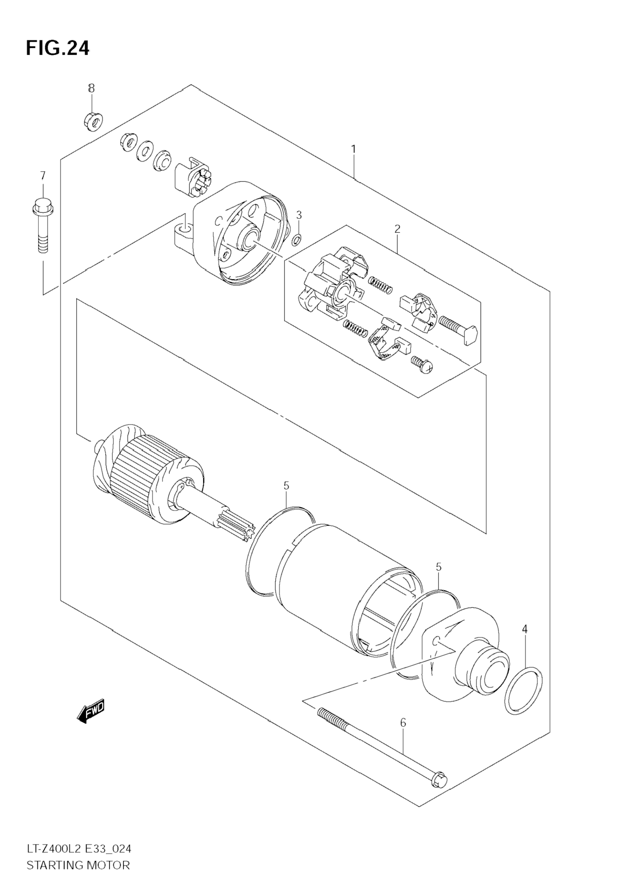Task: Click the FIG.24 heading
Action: [58, 48]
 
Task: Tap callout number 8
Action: [91, 88]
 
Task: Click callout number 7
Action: [43, 175]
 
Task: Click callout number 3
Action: [298, 215]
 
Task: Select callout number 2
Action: [397, 229]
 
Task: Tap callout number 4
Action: [525, 629]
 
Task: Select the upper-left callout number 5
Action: [286, 485]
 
